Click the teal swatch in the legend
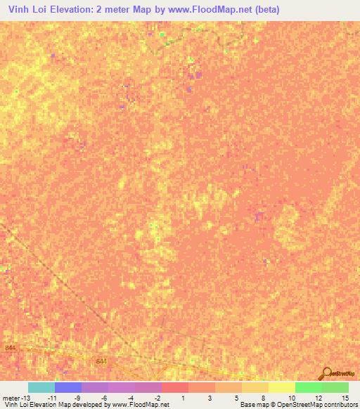coord(41,387)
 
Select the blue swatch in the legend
coord(68,387)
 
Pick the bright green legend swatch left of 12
coord(308,387)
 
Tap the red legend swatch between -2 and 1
coord(175,387)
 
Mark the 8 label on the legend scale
coord(262,398)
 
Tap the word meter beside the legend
coord(12,398)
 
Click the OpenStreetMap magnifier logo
coord(326,374)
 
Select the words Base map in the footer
coord(252,405)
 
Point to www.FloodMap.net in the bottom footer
coord(141,405)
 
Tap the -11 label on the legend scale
coord(51,398)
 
